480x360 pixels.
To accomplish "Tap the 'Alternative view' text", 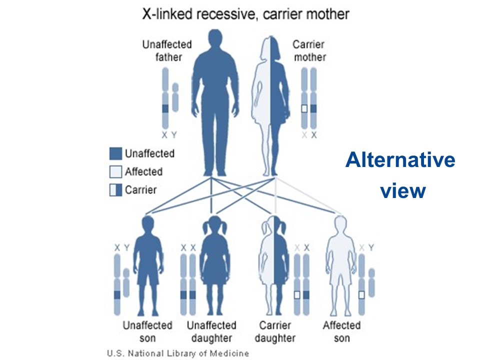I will [x=400, y=175].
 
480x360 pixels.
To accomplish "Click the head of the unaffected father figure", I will [x=215, y=40].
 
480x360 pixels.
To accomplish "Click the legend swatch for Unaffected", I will [x=115, y=153].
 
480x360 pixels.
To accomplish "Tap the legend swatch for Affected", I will [x=115, y=171].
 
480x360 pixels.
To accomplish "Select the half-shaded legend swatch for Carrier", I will [x=115, y=189].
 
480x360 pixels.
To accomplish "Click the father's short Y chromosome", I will [x=175, y=97].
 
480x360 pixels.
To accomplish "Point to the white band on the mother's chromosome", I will [x=303, y=108].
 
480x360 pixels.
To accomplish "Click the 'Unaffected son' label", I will [x=147, y=331].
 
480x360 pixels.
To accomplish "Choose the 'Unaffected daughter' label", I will [x=211, y=331].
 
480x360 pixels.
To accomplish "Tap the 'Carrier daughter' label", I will [x=275, y=331].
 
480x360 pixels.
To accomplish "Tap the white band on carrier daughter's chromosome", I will [x=297, y=295].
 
